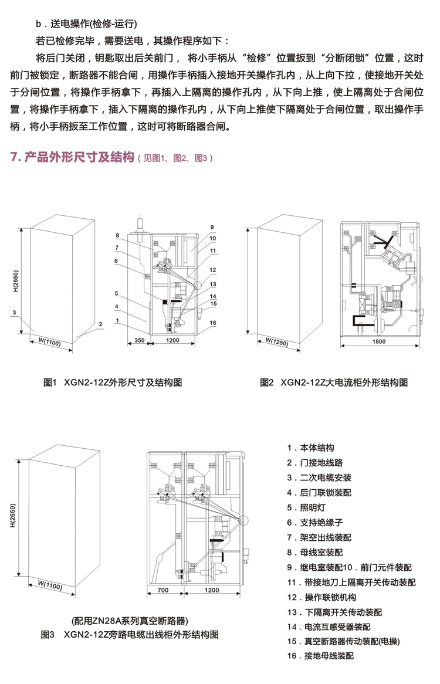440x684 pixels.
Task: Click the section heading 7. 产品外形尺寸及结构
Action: click(73, 157)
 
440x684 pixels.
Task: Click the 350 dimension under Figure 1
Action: click(139, 340)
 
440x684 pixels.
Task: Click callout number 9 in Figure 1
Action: click(212, 227)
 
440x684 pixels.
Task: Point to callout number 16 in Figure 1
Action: click(213, 323)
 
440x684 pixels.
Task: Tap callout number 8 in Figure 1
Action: click(117, 236)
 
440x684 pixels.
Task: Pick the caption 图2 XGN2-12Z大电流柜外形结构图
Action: click(334, 382)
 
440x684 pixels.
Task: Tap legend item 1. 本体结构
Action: click(315, 448)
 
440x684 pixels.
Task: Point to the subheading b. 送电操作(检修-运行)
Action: click(86, 25)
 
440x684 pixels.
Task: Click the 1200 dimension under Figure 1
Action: click(172, 340)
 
